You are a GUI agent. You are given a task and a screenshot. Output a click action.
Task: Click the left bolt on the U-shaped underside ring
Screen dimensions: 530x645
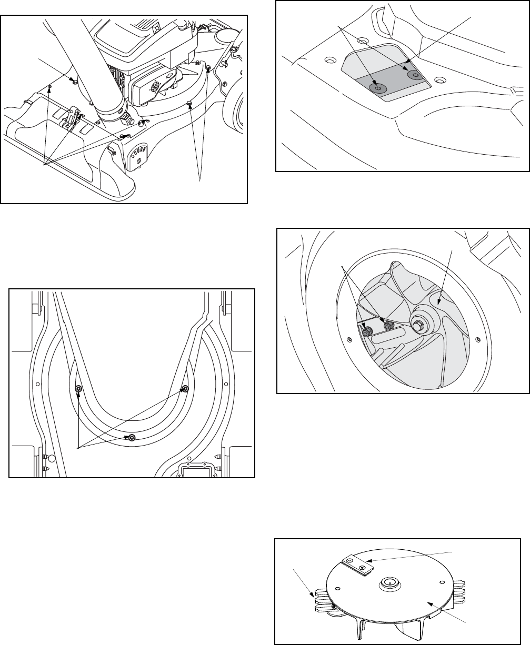(78, 389)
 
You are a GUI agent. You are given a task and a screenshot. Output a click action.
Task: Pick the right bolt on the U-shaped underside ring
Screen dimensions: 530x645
(184, 389)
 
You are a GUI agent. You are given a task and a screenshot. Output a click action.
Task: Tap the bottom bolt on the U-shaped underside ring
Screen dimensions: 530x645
(131, 437)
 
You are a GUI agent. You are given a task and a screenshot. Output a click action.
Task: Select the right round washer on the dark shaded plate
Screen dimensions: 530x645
(416, 75)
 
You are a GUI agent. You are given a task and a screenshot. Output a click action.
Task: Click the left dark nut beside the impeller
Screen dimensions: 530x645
(367, 331)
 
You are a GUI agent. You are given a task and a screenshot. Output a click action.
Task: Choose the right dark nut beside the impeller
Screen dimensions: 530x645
(388, 326)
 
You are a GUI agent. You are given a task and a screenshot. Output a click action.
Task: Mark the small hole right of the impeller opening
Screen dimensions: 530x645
(477, 338)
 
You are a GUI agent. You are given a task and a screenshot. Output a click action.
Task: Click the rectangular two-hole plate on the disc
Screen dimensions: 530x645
(357, 566)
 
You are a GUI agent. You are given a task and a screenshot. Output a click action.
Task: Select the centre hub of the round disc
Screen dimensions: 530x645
(389, 582)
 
